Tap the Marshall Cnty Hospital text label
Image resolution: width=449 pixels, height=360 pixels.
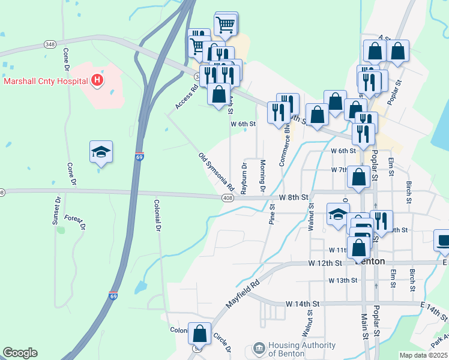pyautogui.click(x=46, y=80)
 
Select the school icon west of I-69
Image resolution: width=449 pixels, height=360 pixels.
pyautogui.click(x=101, y=152)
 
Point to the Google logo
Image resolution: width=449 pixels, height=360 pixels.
pyautogui.click(x=20, y=353)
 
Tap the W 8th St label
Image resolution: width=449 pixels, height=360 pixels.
pyautogui.click(x=294, y=197)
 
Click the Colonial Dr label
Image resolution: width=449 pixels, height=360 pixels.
pyautogui.click(x=157, y=215)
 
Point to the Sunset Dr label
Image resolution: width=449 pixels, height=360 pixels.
pyautogui.click(x=57, y=210)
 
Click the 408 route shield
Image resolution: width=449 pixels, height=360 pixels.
pyautogui.click(x=227, y=197)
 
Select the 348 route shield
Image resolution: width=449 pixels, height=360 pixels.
pyautogui.click(x=50, y=44)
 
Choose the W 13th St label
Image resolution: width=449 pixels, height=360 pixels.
pyautogui.click(x=343, y=280)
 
